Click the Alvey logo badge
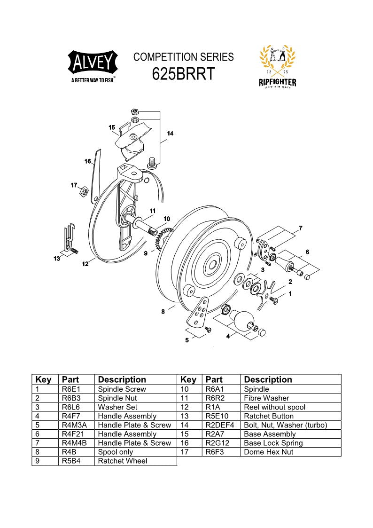pyautogui.click(x=93, y=63)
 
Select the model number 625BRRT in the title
pyautogui.click(x=183, y=74)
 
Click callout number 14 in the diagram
pyautogui.click(x=170, y=134)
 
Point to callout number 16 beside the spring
pyautogui.click(x=88, y=161)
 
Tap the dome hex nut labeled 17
pyautogui.click(x=85, y=190)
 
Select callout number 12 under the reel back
pyautogui.click(x=85, y=264)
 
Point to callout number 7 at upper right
pyautogui.click(x=300, y=228)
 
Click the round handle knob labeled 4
pyautogui.click(x=243, y=320)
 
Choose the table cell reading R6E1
pyautogui.click(x=71, y=389)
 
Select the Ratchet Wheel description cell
pyautogui.click(x=123, y=461)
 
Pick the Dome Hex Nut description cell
pyautogui.click(x=268, y=452)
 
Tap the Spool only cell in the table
pyautogui.click(x=116, y=452)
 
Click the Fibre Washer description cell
pyautogui.click(x=266, y=398)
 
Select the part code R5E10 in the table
pyautogui.click(x=217, y=416)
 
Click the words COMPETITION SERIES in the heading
pyautogui.click(x=183, y=57)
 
